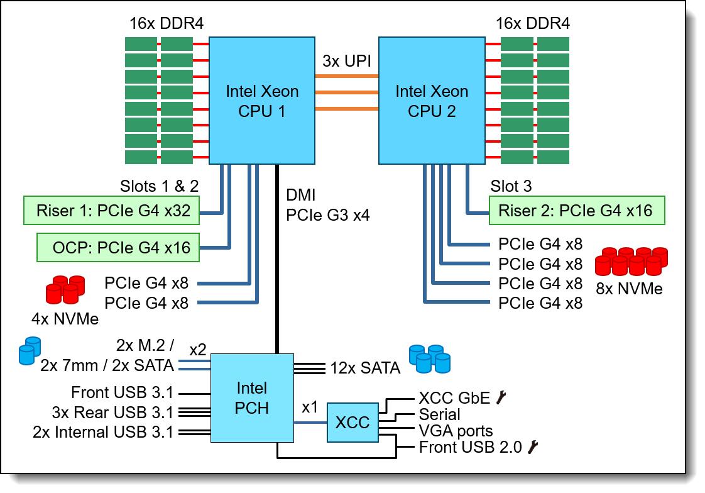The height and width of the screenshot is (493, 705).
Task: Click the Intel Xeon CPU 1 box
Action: pos(261,101)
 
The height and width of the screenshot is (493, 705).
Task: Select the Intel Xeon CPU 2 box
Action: pos(431,101)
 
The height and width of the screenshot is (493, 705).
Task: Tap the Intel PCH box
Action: pos(252,397)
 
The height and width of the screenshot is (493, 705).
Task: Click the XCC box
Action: pos(352,422)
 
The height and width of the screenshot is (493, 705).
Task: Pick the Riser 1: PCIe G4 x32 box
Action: pos(112,211)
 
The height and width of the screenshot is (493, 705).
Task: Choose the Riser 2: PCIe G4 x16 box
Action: pos(576,211)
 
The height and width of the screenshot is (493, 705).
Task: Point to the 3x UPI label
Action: pos(346,61)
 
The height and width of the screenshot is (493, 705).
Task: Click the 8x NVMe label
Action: pos(629,289)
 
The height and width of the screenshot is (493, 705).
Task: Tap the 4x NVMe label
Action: pos(65,318)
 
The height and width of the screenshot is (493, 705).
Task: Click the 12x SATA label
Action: pos(366,368)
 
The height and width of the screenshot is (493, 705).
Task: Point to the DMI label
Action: pos(300,196)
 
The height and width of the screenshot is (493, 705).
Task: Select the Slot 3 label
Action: pos(512,187)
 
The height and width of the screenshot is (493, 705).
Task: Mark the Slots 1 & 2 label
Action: pos(160,187)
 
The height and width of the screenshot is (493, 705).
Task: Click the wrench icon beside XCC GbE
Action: pos(500,397)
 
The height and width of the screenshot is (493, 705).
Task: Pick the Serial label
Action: pos(439,414)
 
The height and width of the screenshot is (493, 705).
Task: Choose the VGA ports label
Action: pos(456,431)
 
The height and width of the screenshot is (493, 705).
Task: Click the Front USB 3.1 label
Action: pos(122,393)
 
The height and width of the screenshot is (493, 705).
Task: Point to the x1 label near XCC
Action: pos(310,407)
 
